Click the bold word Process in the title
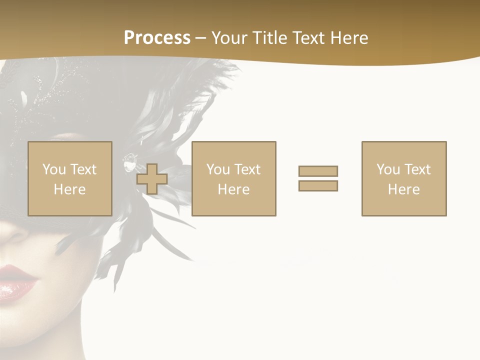(157, 38)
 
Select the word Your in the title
(230, 38)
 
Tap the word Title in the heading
(270, 38)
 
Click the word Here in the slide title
(350, 38)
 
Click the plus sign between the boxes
(152, 179)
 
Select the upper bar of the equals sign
(318, 171)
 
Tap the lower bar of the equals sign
(318, 186)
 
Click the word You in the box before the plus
(54, 169)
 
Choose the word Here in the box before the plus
(69, 189)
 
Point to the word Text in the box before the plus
(83, 169)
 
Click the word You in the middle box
(218, 169)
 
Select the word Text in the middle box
(247, 169)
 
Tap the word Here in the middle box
(233, 189)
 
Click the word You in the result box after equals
(388, 169)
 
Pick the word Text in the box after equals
(417, 169)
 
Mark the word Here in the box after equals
(403, 189)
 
